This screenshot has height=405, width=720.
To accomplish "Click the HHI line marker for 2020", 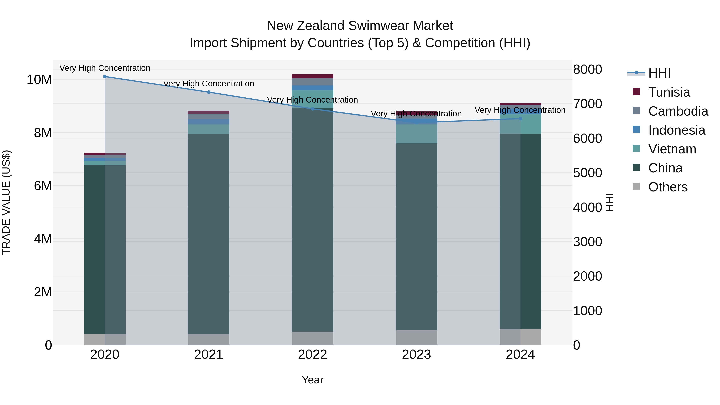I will [x=105, y=77].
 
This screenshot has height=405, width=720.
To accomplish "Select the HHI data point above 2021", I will [x=209, y=92].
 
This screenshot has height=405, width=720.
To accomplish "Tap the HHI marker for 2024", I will [x=520, y=119].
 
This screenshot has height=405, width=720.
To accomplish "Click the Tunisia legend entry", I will [x=669, y=92].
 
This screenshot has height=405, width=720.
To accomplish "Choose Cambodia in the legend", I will [x=678, y=111].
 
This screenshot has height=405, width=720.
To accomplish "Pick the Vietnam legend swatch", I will [x=636, y=149].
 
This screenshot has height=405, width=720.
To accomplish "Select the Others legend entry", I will [x=667, y=187].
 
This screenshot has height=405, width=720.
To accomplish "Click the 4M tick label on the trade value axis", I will [x=43, y=239].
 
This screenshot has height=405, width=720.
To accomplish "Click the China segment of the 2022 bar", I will [x=312, y=218].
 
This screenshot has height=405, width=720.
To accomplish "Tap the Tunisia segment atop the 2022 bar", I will [x=312, y=76].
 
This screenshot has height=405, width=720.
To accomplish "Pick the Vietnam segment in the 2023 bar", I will [x=416, y=134].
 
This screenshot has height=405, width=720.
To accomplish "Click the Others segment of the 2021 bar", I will [x=209, y=340].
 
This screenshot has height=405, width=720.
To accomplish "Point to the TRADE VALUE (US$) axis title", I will [x=6, y=202].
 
